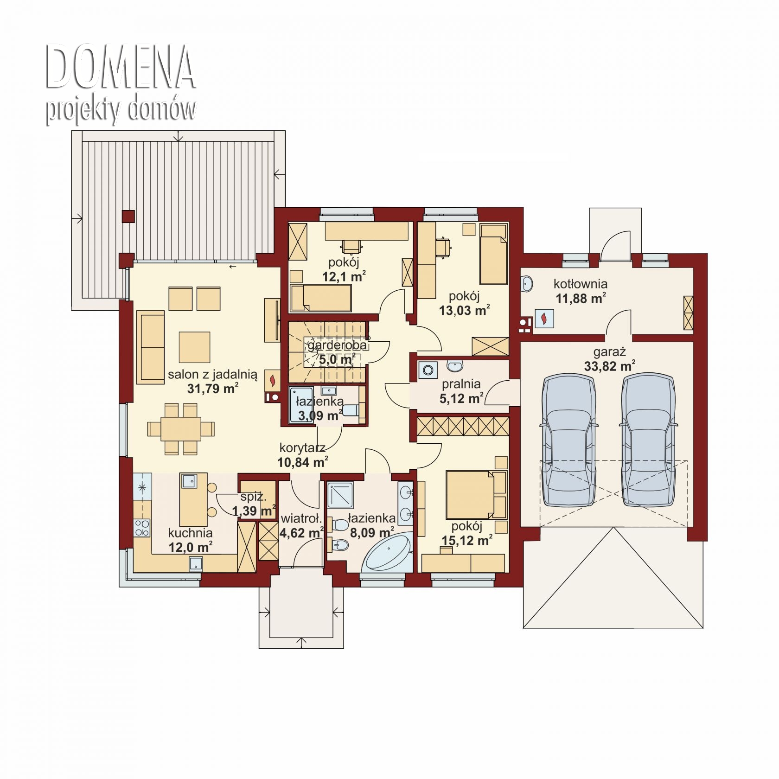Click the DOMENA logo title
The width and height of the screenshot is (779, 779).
pos(121,67)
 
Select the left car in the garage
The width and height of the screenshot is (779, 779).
pos(568,440)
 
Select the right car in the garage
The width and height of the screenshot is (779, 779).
pos(648,440)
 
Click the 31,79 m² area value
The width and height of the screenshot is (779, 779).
pos(213,388)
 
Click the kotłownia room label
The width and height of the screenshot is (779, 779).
pos(581,283)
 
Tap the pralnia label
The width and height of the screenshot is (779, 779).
pos(461,384)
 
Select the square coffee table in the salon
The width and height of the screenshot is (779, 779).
pos(195,347)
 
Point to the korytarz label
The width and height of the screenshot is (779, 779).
pos(302,448)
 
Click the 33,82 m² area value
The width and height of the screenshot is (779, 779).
pos(609,366)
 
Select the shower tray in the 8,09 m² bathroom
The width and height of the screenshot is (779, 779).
pos(341,495)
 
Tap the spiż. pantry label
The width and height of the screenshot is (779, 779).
pos(253,497)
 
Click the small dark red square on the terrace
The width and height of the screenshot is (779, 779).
pos(128,217)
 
